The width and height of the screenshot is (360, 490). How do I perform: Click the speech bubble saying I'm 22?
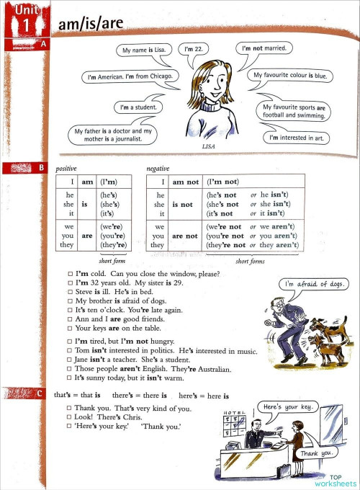[194, 50]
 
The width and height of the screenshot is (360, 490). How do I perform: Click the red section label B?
[41, 169]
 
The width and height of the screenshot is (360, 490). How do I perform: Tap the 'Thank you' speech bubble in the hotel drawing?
[318, 453]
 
